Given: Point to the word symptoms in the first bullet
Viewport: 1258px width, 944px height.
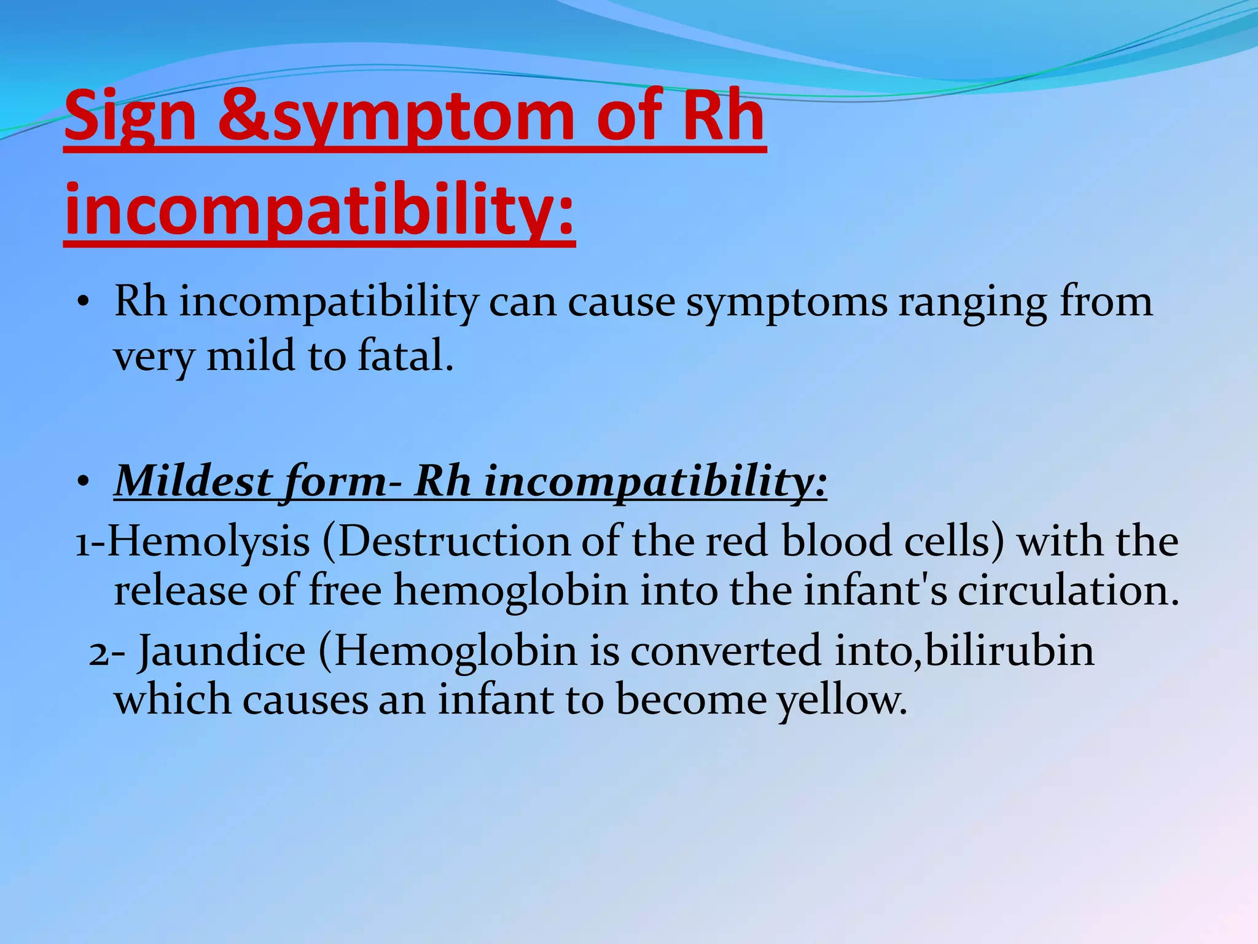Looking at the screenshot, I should click(x=787, y=303).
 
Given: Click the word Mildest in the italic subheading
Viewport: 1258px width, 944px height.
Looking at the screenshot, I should click(x=193, y=481).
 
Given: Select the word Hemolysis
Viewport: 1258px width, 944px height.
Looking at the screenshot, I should click(x=209, y=543).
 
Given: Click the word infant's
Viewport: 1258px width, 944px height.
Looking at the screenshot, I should click(x=876, y=591).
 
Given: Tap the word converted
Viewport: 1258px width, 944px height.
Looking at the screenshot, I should click(x=725, y=651).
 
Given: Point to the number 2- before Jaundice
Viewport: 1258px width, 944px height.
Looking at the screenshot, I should click(x=107, y=653).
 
